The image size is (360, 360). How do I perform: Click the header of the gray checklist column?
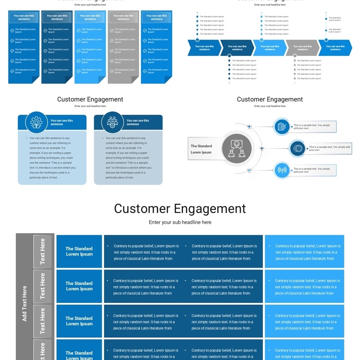click(x=123, y=17)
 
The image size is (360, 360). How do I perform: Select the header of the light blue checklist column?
click(x=90, y=17)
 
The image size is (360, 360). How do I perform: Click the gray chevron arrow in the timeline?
click(x=302, y=48)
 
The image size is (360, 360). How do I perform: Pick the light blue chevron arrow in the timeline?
click(x=269, y=48)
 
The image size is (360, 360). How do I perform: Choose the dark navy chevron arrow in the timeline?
click(x=237, y=48)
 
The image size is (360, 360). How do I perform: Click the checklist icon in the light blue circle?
click(x=282, y=127)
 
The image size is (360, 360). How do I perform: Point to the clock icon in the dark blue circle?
click(x=297, y=148)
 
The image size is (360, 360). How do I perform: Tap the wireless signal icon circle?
click(x=282, y=170)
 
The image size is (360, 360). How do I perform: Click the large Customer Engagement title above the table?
click(x=180, y=209)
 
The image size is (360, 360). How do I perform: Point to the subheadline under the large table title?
click(x=180, y=222)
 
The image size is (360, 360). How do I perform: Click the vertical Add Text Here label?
click(x=25, y=303)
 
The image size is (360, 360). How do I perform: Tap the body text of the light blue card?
click(x=52, y=158)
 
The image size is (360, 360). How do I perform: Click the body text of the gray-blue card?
click(x=128, y=158)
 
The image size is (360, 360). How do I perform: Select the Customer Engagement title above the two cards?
click(x=90, y=99)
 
